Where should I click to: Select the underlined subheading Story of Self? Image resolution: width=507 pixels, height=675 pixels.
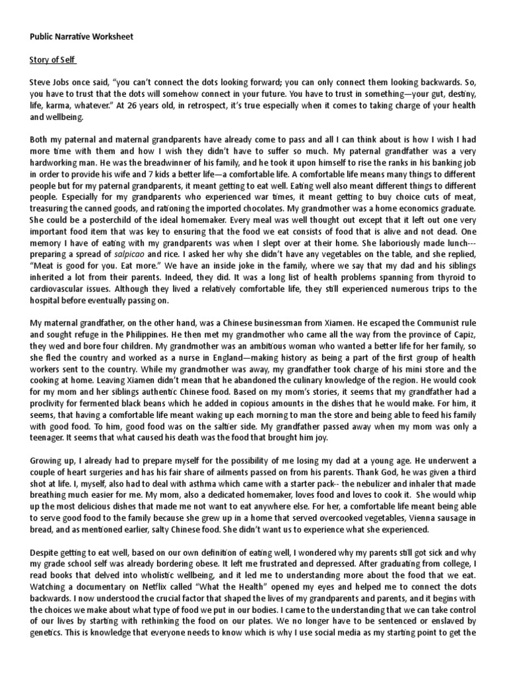click(x=53, y=61)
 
